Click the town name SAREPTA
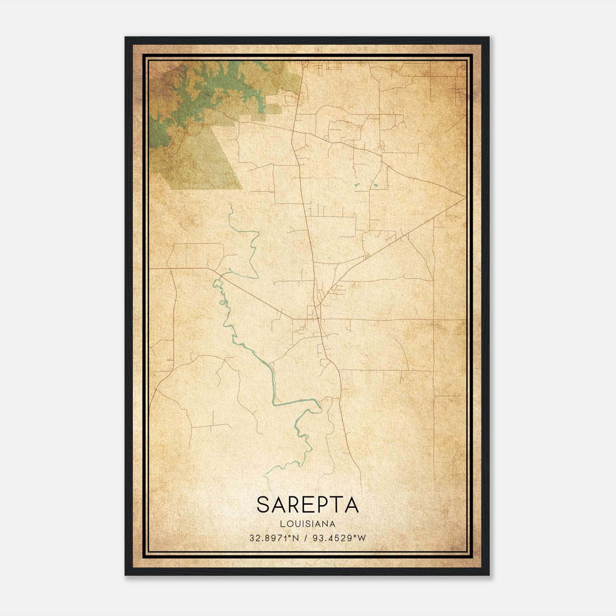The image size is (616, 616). [x=308, y=505]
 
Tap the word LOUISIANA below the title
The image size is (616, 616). [x=308, y=524]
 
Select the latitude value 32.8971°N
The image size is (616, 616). [x=274, y=538]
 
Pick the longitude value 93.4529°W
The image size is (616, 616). [x=339, y=538]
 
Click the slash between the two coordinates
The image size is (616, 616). [x=306, y=538]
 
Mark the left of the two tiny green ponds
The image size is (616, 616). [x=357, y=186]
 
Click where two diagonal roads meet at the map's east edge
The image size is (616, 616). [x=465, y=198]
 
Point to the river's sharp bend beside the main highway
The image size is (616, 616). [x=319, y=406]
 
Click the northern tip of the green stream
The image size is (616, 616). [x=230, y=205]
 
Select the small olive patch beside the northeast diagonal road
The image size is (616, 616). [x=368, y=255]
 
